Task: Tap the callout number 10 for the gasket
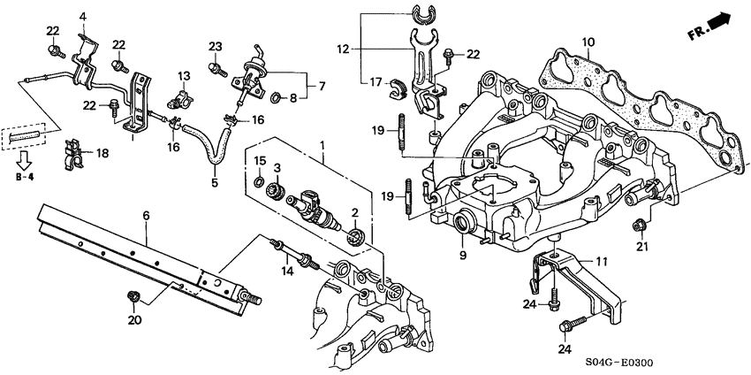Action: [588, 42]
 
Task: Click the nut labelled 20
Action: [135, 295]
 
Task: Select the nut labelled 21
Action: [639, 226]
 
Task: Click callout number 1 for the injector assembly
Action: [323, 144]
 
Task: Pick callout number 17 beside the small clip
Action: [375, 83]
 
